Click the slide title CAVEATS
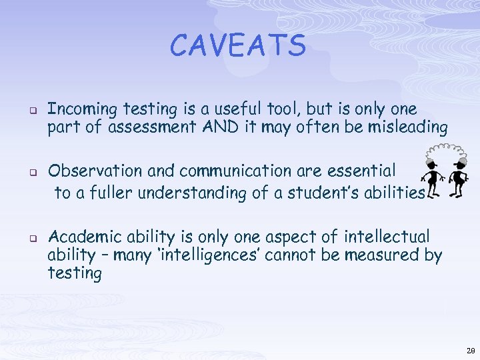click(238, 45)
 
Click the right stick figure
click(457, 180)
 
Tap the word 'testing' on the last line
click(75, 273)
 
